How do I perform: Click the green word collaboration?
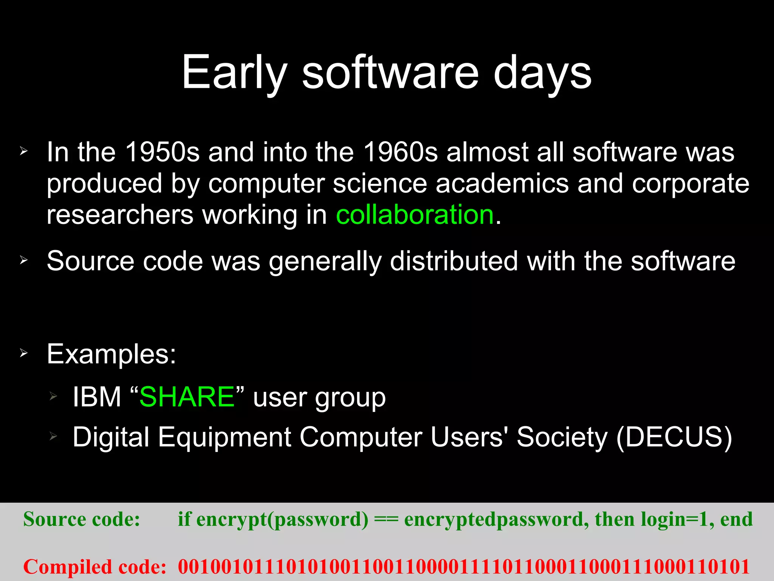[x=415, y=214]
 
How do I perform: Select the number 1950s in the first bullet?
[x=162, y=152]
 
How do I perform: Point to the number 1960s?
[x=400, y=152]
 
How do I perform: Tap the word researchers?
[x=120, y=214]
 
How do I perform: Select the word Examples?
[x=111, y=354]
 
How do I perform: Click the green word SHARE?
[x=187, y=397]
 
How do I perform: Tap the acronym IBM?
[x=97, y=397]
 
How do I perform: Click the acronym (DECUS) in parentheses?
[x=674, y=437]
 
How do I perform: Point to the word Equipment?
[x=224, y=437]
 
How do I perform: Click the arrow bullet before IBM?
[x=53, y=396]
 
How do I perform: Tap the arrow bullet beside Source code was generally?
[x=24, y=260]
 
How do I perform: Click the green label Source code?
[x=82, y=519]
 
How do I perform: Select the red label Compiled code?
[x=95, y=567]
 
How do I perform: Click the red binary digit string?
[x=463, y=567]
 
